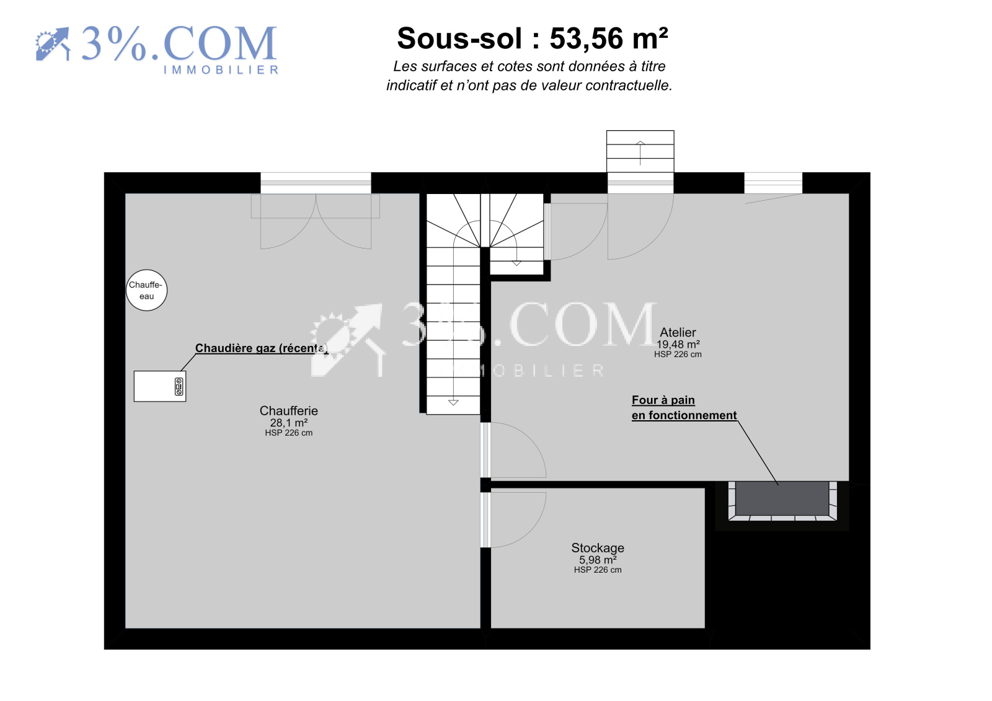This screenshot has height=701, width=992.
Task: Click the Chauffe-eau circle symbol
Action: tap(146, 291)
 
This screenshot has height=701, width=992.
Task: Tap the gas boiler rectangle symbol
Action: tap(160, 387)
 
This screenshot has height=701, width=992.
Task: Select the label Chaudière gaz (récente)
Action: tap(261, 348)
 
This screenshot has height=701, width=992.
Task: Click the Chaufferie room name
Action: tap(289, 411)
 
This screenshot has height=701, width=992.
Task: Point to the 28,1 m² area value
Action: tap(289, 423)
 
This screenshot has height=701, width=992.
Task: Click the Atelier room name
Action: tap(678, 333)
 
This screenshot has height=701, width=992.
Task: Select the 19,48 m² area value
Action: tap(678, 345)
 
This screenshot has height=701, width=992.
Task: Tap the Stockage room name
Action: tap(598, 549)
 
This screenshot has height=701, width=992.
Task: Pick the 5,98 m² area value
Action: tap(598, 560)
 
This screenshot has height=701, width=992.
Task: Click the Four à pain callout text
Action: tap(684, 408)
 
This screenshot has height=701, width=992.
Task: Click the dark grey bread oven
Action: tap(782, 498)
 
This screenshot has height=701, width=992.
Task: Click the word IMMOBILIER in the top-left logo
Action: tap(221, 70)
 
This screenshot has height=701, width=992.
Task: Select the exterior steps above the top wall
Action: tap(640, 151)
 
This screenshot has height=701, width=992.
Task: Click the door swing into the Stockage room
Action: tap(516, 520)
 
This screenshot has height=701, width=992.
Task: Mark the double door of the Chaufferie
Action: tap(316, 221)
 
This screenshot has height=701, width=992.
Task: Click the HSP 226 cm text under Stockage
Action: tap(598, 570)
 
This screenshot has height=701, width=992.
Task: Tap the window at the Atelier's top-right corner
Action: tap(773, 183)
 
